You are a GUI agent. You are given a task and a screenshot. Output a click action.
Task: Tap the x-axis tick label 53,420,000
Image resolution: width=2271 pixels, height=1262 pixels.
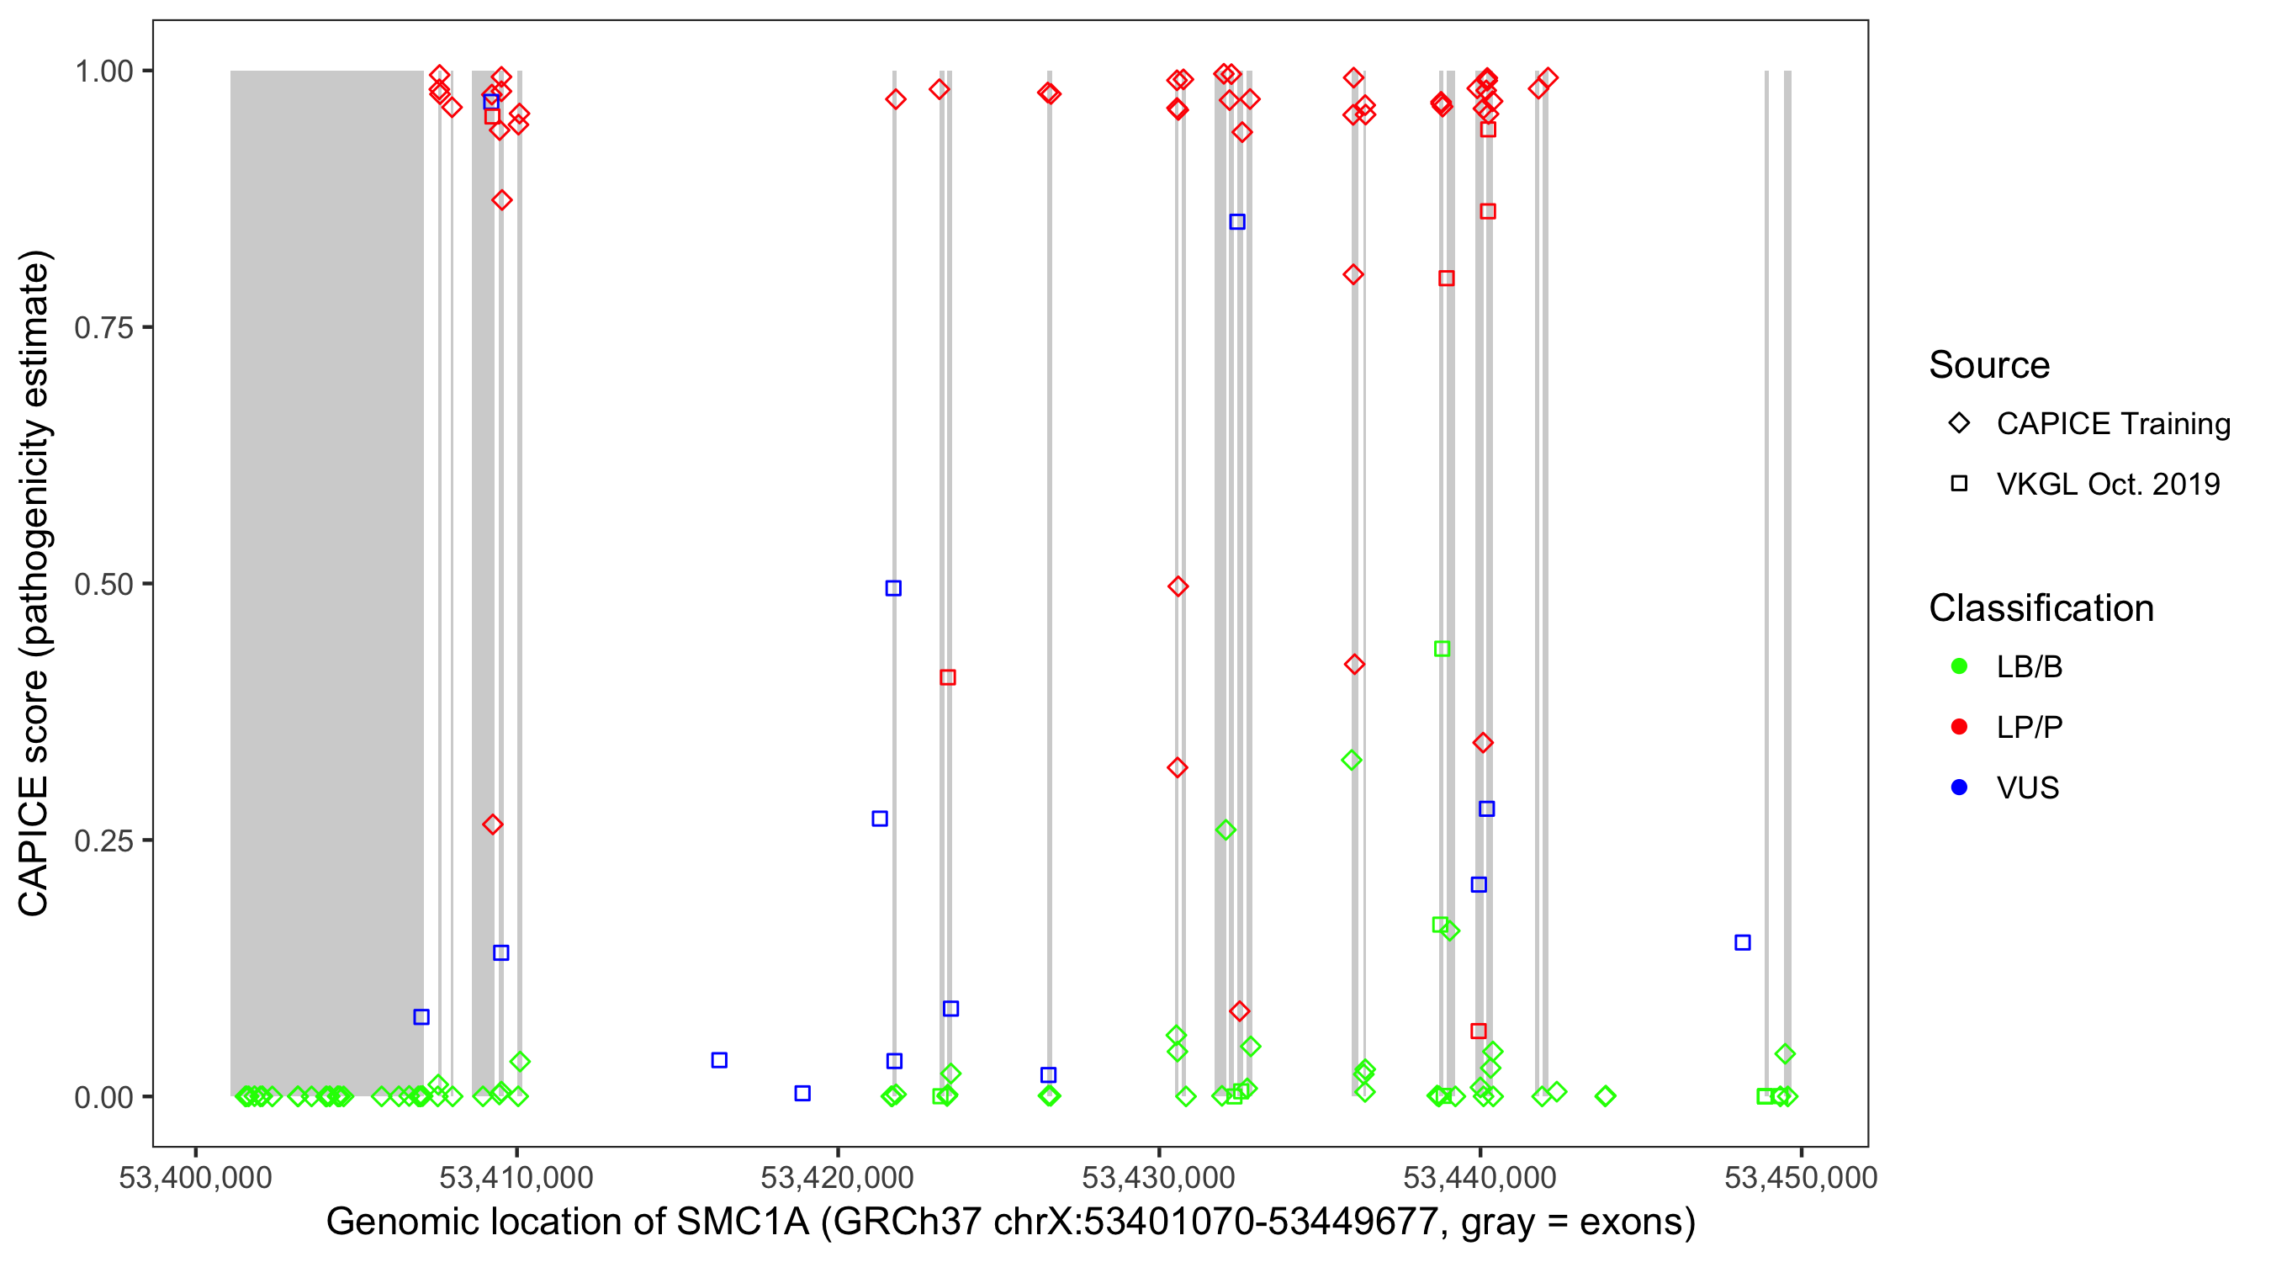[x=837, y=1177]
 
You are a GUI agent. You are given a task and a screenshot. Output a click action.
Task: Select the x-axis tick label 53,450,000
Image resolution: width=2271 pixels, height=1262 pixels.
[x=1800, y=1177]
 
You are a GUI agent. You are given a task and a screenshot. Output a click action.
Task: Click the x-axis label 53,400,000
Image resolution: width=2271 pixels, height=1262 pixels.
[x=195, y=1177]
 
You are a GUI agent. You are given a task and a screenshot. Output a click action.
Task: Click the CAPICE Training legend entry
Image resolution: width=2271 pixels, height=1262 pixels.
[x=2112, y=424]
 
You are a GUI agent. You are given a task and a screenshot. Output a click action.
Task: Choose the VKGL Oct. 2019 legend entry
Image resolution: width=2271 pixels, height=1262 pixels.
[x=2107, y=484]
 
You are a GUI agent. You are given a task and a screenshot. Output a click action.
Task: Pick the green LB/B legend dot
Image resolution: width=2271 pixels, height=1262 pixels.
[x=1959, y=666]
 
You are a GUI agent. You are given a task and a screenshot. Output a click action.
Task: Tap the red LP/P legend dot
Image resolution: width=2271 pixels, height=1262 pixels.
[x=1959, y=727]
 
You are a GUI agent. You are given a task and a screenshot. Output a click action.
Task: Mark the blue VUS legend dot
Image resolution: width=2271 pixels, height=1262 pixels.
[x=1959, y=787]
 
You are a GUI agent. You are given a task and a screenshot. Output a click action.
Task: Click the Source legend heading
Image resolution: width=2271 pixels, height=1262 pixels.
[x=1989, y=365]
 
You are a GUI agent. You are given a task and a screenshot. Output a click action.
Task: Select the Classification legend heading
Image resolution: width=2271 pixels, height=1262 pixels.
[x=2041, y=608]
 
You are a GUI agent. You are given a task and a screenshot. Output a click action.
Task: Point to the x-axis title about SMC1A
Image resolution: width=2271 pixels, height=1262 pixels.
[x=1010, y=1222]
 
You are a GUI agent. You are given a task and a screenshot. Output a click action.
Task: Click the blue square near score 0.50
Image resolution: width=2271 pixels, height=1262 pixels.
[x=893, y=588]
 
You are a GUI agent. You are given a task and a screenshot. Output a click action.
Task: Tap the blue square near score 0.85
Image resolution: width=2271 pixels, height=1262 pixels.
[x=1237, y=222]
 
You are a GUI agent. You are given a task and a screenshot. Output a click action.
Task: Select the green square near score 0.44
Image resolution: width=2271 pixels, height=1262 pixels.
[x=1442, y=649]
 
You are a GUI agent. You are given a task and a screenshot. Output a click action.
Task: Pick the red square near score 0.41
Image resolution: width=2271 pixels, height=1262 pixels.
[x=948, y=677]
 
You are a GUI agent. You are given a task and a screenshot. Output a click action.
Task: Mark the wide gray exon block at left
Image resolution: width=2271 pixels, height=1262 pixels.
[x=326, y=582]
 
